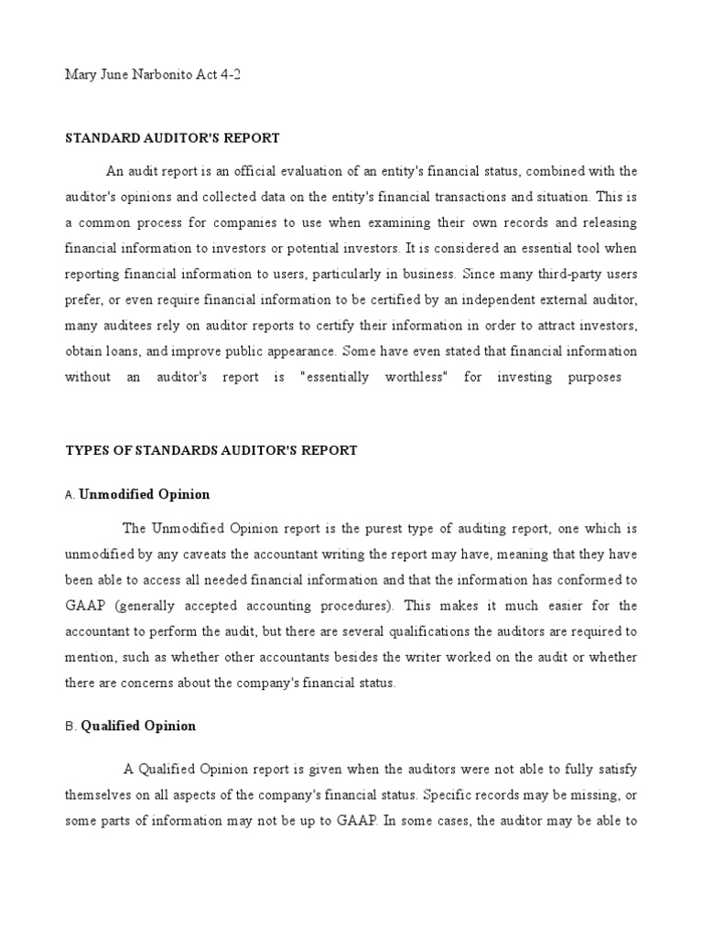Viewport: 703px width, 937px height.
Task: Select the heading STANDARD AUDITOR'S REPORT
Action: pyautogui.click(x=171, y=138)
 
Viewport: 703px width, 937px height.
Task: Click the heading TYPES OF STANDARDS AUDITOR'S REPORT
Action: pyautogui.click(x=211, y=450)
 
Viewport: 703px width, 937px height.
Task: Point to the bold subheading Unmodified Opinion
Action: pyautogui.click(x=145, y=494)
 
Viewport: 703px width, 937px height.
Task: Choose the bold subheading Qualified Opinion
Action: pyautogui.click(x=138, y=726)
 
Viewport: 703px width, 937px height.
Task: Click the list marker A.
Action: pyautogui.click(x=70, y=495)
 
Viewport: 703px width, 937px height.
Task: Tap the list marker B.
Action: pyautogui.click(x=70, y=727)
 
